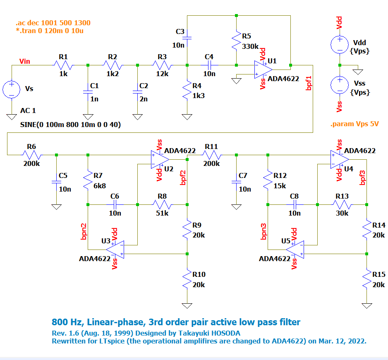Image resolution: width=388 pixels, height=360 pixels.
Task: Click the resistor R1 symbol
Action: (x=63, y=65)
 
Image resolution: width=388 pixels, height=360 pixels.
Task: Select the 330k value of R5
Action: (x=250, y=46)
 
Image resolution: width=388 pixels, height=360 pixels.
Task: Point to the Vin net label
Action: (x=25, y=62)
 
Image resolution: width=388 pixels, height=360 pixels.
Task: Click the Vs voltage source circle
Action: (x=12, y=89)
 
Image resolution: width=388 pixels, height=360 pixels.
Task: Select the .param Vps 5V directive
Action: (x=355, y=124)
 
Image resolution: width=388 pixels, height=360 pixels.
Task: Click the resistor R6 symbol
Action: (x=32, y=155)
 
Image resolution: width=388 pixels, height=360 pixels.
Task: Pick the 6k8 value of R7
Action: (x=100, y=186)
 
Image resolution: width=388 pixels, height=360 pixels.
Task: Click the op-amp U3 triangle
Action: (x=116, y=249)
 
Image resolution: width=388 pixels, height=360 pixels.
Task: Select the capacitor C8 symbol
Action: (x=295, y=204)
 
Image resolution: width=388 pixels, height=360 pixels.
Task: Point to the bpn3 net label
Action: (x=263, y=232)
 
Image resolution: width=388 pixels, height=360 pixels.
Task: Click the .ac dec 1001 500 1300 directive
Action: (x=53, y=23)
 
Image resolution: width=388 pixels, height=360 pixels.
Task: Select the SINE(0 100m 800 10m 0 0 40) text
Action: (x=70, y=124)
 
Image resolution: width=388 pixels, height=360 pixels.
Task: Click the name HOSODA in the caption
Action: (x=225, y=333)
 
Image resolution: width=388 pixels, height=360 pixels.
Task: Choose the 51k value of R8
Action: (x=162, y=214)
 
